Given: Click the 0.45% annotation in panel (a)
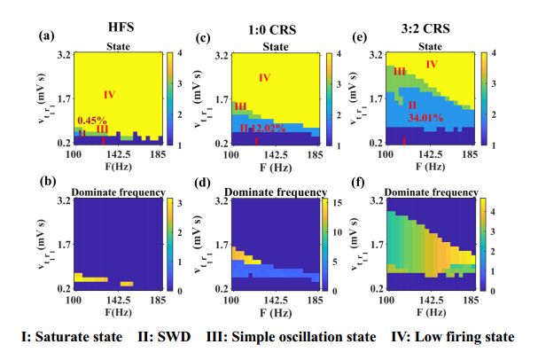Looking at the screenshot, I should coord(92,120).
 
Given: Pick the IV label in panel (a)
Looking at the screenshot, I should coord(110,94).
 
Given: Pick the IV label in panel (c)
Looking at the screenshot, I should coord(263,78).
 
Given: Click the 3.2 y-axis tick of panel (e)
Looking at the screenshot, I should coord(373,55).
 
